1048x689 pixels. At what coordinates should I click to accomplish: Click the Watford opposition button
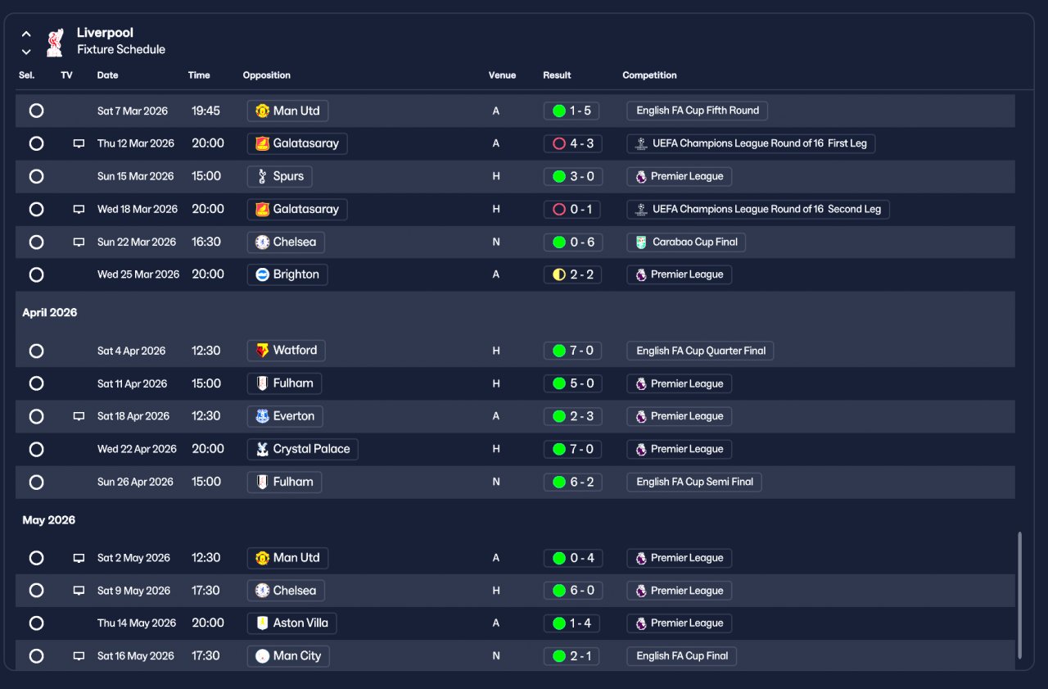pos(286,351)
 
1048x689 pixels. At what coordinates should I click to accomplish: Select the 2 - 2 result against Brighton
pos(572,274)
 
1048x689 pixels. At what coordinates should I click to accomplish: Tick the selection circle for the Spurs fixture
pos(36,176)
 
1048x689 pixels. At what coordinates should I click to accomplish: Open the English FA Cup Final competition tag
pos(681,656)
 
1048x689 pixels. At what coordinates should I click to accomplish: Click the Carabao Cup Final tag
pos(686,243)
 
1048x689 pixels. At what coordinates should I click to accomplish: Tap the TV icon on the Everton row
pos(79,416)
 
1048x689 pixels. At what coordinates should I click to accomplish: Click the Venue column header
pos(502,75)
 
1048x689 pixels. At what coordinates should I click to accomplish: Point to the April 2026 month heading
pos(50,313)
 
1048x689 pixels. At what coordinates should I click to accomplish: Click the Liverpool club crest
pos(55,42)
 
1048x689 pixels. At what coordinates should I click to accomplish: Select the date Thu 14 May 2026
pos(137,623)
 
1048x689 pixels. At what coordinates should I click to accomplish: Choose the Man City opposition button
pos(288,656)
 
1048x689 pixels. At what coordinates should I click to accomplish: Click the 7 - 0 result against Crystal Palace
pos(572,449)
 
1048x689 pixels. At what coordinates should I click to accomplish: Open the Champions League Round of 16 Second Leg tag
pos(758,210)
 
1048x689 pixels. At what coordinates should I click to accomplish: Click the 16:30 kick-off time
pos(206,242)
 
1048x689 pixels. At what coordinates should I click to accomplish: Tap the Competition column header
pos(649,75)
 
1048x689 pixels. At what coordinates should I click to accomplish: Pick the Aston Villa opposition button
pos(291,623)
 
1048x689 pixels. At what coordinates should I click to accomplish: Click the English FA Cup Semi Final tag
pos(694,482)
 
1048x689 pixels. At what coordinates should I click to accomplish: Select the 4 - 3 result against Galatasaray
pos(572,143)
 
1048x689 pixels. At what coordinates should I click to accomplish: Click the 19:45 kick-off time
pos(206,111)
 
